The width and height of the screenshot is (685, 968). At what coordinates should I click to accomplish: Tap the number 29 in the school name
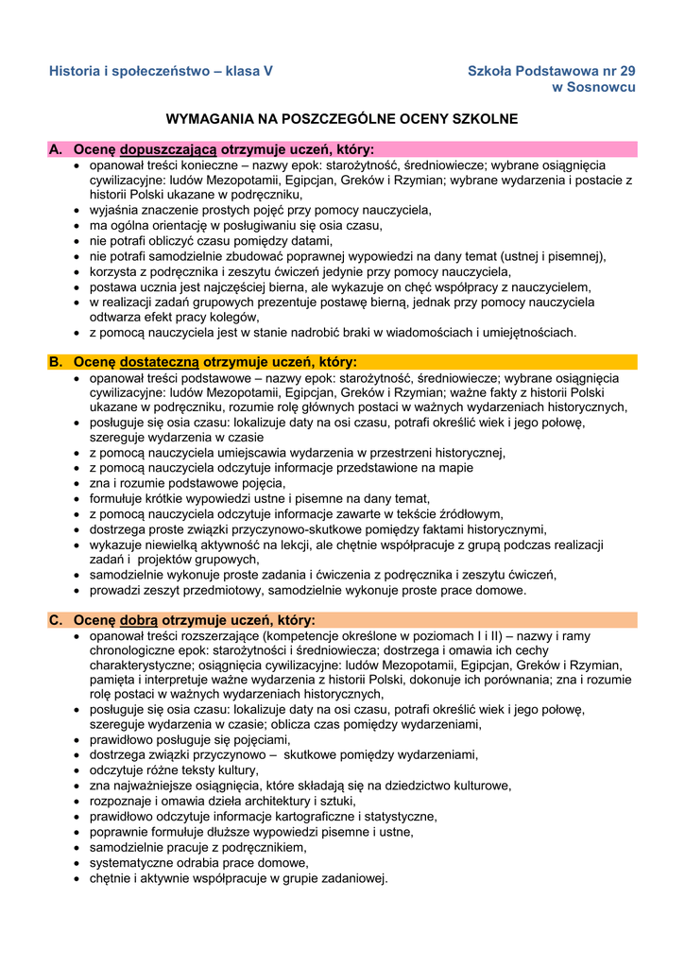626,71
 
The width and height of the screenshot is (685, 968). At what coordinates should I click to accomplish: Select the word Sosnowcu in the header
604,87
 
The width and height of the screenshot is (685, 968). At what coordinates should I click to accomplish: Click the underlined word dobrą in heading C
141,620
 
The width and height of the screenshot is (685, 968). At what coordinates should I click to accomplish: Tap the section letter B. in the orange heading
56,362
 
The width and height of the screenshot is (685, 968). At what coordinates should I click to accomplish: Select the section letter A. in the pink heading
56,149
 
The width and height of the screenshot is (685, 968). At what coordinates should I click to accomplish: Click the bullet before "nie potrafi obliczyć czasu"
78,241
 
